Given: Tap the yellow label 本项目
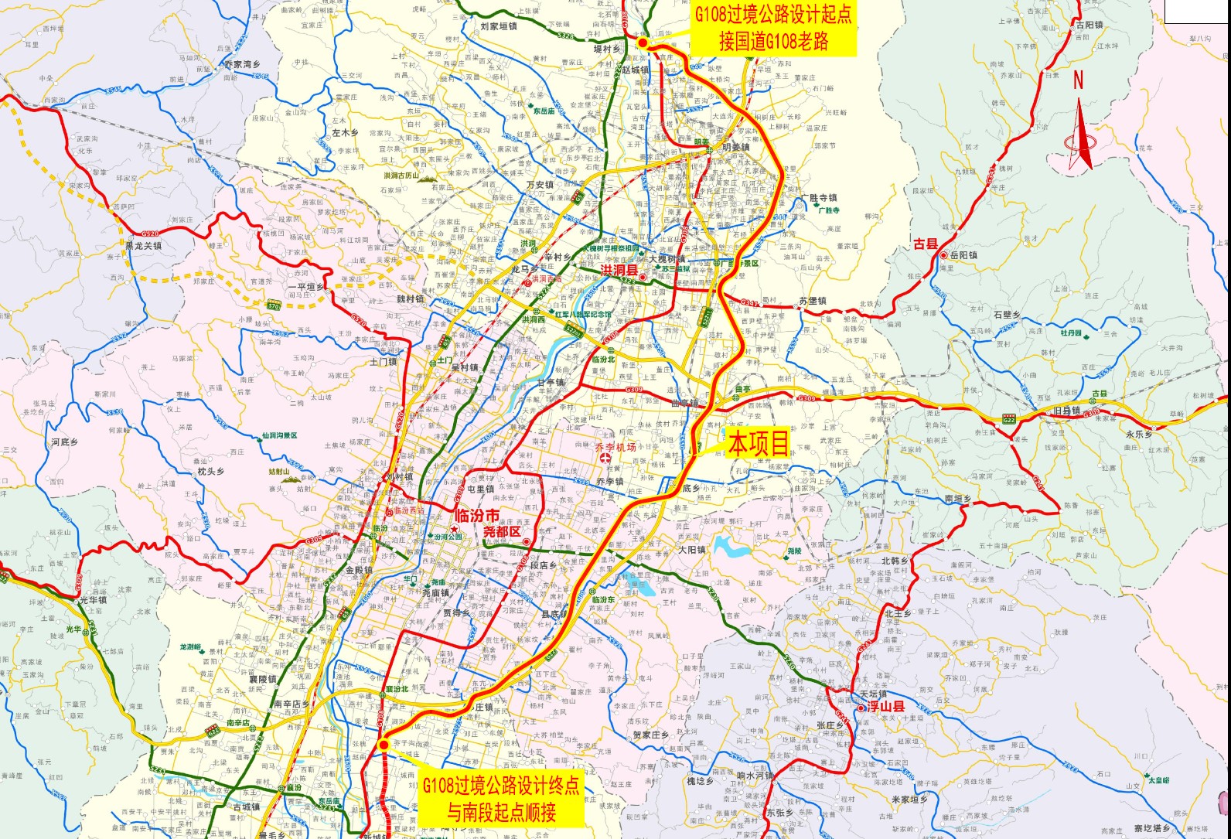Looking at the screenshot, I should pos(759,444).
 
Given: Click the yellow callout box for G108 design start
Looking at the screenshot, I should pos(773,28).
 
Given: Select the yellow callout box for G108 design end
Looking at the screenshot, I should pos(500,799).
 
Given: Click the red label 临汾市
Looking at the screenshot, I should pos(476,516).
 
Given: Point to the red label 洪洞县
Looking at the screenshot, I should pos(619,270).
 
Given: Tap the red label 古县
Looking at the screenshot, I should pos(925,244).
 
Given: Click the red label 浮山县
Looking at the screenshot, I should pos(885,707).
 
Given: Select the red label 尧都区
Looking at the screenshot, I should pos(502,532).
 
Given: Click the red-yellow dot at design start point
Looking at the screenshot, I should pos(643,43).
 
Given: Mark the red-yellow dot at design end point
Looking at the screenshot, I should pos(384,745).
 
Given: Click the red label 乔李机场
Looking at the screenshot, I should pos(615,447).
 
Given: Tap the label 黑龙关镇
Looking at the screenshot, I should pos(143,246).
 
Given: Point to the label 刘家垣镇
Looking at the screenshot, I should pos(498,26).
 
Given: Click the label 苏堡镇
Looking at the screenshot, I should pos(813,301).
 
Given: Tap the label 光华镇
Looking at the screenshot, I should pos(93,600).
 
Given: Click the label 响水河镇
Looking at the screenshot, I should pos(755,776).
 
